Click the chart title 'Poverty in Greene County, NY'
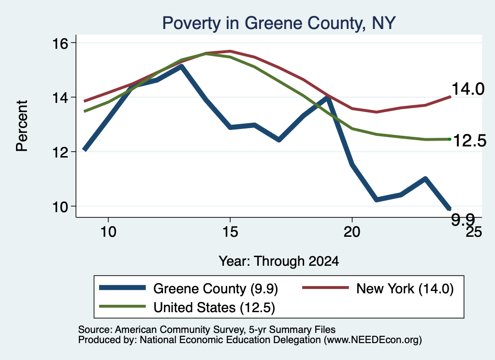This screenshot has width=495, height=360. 279,23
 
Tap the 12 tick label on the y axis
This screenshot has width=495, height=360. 60,152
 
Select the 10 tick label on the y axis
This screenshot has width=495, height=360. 60,207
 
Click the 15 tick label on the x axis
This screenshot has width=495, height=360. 230,232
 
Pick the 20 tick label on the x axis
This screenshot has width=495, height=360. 352,232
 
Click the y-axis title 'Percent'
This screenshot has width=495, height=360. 22,126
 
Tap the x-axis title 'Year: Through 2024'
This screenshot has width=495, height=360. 279,261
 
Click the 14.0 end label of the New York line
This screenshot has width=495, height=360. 467,89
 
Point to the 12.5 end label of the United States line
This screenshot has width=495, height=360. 469,141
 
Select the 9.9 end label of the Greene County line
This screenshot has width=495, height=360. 463,219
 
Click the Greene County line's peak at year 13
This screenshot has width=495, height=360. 181,66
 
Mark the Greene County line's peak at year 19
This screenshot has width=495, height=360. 328,98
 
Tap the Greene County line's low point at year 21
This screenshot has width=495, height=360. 376,200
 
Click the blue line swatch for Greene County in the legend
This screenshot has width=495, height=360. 122,288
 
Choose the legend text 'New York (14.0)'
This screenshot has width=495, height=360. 405,288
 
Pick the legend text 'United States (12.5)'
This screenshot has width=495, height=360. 214,308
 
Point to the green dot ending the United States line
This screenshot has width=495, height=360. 450,139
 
